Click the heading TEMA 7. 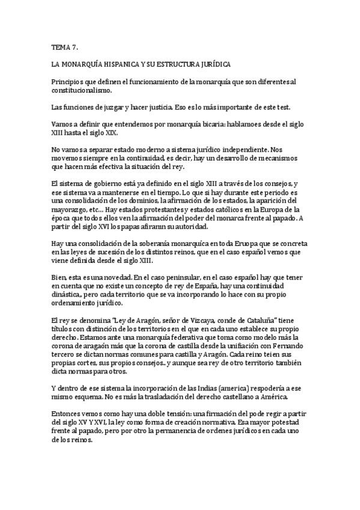pos(64,46)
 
